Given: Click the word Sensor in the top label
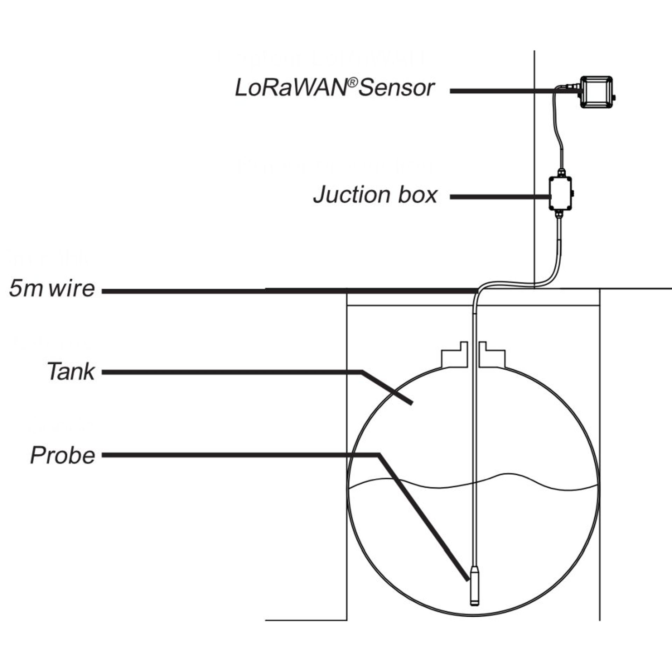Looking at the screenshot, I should pos(397,88).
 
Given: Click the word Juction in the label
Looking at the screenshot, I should pos(353,195).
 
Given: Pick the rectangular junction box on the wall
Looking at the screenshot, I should pos(560,193).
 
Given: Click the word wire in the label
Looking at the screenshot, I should pos(72,289).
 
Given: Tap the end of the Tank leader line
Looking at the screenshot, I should pos(411,403).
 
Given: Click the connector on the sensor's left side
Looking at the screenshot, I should pos(570,85).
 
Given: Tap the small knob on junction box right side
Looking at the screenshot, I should pos(574,193).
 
